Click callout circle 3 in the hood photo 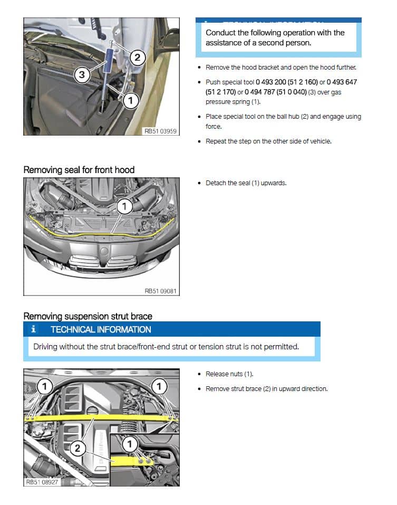point(81,75)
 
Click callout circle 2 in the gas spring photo point(137,57)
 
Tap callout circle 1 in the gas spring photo point(131,100)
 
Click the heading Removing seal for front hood point(79,170)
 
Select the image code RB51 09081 point(161,291)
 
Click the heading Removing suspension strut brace point(88,317)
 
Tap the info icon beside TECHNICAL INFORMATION point(34,329)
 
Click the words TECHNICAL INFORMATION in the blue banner point(101,329)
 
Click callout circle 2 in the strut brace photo point(78,449)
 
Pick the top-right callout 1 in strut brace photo point(159,387)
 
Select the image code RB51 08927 point(42,482)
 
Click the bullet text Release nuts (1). point(229,374)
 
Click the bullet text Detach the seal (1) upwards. point(246,183)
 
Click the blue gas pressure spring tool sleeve point(108,59)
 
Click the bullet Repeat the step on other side point(268,141)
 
